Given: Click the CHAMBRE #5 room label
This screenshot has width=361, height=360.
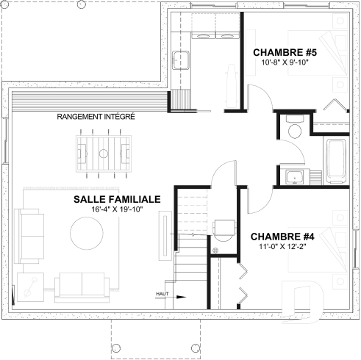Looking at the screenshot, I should [284, 52].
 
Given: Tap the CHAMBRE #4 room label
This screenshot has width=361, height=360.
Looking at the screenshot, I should [283, 237].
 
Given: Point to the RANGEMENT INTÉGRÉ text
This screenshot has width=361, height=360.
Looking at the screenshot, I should [96, 117].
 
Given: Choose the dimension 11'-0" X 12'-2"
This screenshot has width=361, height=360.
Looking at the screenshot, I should [282, 248].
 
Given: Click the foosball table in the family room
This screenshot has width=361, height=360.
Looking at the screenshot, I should [104, 154].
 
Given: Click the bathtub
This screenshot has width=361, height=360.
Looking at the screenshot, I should [337, 162].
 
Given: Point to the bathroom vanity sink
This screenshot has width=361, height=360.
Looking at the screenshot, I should [295, 177].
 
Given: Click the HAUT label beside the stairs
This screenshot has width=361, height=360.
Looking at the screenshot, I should [162, 293].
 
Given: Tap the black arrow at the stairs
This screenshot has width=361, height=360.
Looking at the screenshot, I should [180, 298].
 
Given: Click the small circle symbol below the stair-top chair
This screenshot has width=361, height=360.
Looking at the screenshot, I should [215, 251].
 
